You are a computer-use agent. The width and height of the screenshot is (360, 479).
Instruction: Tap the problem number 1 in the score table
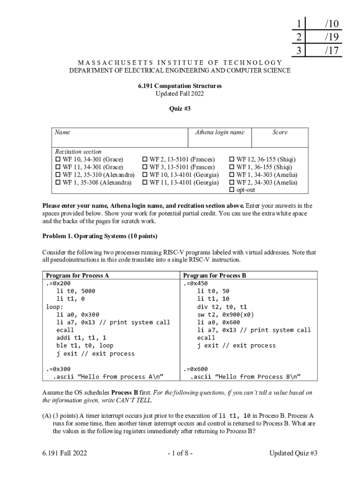click(x=298, y=23)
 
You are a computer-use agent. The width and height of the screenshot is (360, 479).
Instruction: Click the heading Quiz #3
click(x=180, y=109)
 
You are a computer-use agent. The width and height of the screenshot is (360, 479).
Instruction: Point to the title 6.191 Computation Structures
click(x=180, y=86)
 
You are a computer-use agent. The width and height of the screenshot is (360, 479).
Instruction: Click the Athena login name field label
click(x=219, y=132)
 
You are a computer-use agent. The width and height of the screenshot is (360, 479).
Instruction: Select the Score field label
click(x=280, y=132)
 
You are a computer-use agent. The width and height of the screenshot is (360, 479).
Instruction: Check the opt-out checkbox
click(x=231, y=190)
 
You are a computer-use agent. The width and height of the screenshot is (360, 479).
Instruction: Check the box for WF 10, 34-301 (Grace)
click(x=58, y=160)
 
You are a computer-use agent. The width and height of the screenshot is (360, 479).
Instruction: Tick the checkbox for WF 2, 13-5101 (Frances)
click(x=145, y=160)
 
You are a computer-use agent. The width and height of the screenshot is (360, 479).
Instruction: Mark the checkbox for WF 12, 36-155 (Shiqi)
click(x=231, y=160)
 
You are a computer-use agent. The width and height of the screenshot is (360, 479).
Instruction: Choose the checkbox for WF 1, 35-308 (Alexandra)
click(x=58, y=182)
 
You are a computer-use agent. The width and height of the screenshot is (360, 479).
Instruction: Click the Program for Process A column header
click(x=78, y=276)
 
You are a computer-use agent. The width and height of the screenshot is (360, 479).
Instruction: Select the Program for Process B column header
click(x=215, y=276)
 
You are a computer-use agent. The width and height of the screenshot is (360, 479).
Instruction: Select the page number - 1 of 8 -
click(x=180, y=453)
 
